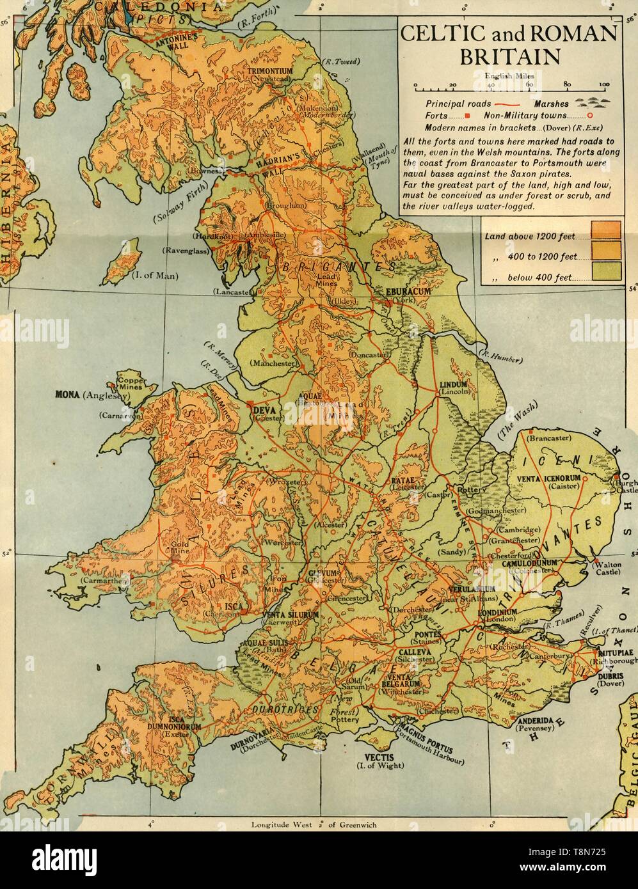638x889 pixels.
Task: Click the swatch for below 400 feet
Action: coord(605,271)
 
